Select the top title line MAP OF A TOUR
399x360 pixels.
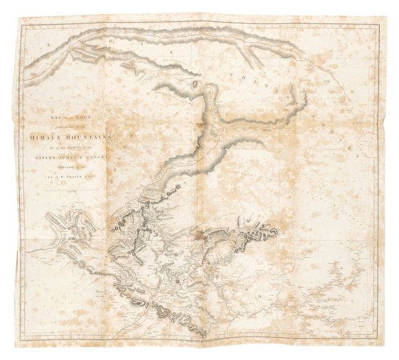point(70,125)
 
